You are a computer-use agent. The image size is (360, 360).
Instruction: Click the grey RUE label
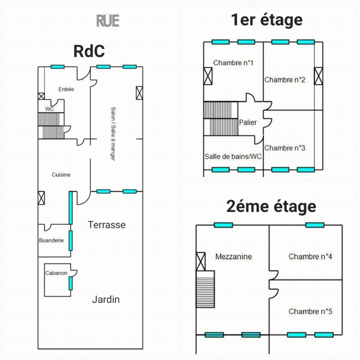pyautogui.click(x=108, y=21)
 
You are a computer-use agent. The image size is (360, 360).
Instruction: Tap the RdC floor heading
pyautogui.click(x=89, y=51)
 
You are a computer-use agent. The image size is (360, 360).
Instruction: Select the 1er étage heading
pyautogui.click(x=267, y=20)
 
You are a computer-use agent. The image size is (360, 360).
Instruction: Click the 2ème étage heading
pyautogui.click(x=271, y=206)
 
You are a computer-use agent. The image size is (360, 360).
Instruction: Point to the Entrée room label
pyautogui.click(x=66, y=89)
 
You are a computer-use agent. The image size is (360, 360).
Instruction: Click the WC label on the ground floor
pyautogui.click(x=49, y=109)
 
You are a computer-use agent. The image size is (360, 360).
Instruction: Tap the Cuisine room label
pyautogui.click(x=61, y=175)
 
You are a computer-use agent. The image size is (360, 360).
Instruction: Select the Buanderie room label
pyautogui.click(x=51, y=240)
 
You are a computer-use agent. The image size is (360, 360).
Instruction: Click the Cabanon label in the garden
pyautogui.click(x=56, y=273)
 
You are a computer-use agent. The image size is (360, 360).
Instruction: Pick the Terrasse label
pyautogui.click(x=106, y=225)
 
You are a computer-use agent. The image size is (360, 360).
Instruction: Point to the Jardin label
pyautogui.click(x=106, y=299)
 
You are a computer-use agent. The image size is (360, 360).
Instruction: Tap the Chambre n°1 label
pyautogui.click(x=233, y=63)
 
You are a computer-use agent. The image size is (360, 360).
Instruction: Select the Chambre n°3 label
pyautogui.click(x=285, y=148)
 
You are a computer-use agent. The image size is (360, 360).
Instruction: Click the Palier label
pyautogui.click(x=248, y=122)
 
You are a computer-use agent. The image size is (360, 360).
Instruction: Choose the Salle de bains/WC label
pyautogui.click(x=233, y=156)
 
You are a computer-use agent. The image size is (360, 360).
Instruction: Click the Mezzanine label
pyautogui.click(x=233, y=256)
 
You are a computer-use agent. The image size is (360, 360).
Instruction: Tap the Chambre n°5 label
pyautogui.click(x=310, y=311)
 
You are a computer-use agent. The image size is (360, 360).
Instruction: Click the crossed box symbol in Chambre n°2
pyautogui.click(x=318, y=76)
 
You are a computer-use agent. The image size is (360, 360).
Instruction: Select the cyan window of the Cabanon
pyautogui.click(x=70, y=283)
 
